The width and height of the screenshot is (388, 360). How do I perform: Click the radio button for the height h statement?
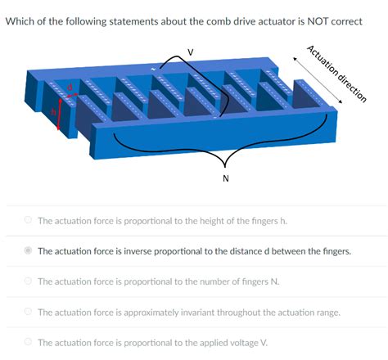click(x=28, y=220)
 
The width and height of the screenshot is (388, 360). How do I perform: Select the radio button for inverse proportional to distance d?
click(x=28, y=251)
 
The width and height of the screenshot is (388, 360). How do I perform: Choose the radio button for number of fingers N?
click(x=28, y=281)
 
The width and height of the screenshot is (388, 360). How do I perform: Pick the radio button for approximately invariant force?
click(x=28, y=312)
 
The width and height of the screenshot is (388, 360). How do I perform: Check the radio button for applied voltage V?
click(x=28, y=342)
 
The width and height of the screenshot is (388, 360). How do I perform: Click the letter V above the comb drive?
click(x=191, y=52)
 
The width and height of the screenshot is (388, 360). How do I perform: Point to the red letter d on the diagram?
click(x=70, y=85)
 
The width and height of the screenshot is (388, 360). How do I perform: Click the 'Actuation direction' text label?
click(x=336, y=74)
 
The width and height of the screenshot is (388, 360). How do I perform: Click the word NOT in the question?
click(x=306, y=20)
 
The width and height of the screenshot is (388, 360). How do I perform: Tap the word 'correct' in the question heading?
click(x=343, y=20)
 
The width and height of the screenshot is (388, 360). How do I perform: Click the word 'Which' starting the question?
click(x=22, y=20)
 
